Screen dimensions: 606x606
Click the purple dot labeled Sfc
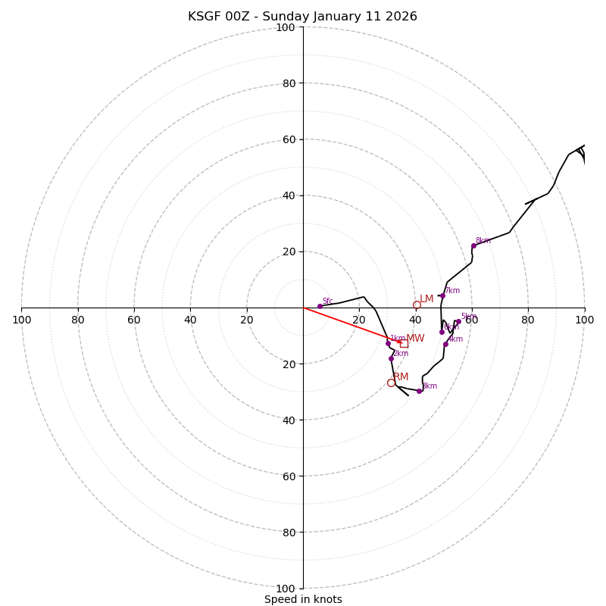[x=320, y=306]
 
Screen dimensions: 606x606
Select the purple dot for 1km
[x=388, y=343]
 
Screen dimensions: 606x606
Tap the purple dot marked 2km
[x=391, y=358]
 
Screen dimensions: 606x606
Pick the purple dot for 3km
[x=419, y=391]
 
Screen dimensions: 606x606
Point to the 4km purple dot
[x=445, y=344]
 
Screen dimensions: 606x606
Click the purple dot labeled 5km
[x=458, y=321]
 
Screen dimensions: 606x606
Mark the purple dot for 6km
[x=442, y=332]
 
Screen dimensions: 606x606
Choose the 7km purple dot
[x=442, y=295]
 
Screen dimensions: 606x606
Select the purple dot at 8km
[x=473, y=245]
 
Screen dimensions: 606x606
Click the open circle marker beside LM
[x=417, y=305]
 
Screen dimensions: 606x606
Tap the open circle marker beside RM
[x=391, y=383]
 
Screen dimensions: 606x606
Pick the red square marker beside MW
[x=404, y=343]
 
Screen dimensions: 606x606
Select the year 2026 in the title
[x=401, y=17]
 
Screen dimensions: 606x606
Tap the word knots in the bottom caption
[x=327, y=599]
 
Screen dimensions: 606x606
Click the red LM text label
[x=426, y=299]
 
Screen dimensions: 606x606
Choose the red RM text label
[x=401, y=376]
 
